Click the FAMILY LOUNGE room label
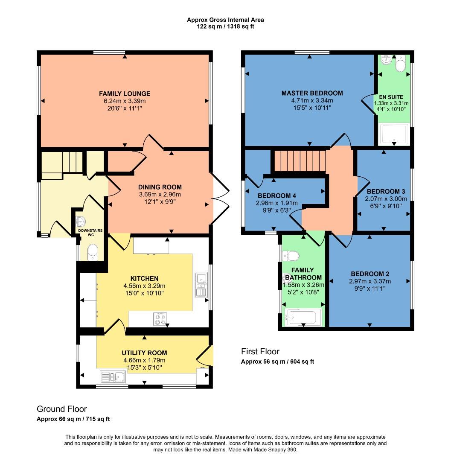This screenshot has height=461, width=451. point(125,93)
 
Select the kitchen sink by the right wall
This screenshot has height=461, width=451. point(201,285)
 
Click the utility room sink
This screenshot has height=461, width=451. point(112,376)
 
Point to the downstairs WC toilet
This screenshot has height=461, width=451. point(92,252)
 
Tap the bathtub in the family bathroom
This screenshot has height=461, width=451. point(303,317)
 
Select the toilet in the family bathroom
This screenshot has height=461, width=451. point(291,256)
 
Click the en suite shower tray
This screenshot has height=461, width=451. point(393,134)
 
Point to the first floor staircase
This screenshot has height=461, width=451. point(300,160)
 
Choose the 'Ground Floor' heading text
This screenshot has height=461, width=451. point(62,409)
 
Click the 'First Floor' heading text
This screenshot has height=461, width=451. point(260,352)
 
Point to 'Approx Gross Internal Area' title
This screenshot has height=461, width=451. point(225,20)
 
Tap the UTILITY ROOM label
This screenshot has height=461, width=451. point(144,353)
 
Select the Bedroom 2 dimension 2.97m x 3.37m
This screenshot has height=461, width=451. point(370,281)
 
